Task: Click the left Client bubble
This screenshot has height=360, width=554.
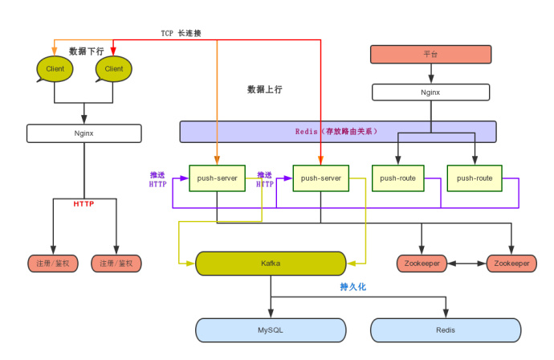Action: click(55, 69)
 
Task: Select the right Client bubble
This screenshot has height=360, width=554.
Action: click(113, 69)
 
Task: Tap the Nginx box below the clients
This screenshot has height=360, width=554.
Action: click(84, 133)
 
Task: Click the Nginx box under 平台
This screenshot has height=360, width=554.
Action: click(430, 92)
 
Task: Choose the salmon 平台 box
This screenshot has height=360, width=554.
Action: click(430, 55)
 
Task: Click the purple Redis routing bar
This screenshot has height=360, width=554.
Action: click(337, 131)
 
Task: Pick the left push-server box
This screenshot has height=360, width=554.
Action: click(217, 178)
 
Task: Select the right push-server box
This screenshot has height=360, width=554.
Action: click(320, 178)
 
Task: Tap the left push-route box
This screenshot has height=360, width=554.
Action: click(398, 178)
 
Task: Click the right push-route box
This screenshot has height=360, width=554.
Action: click(474, 178)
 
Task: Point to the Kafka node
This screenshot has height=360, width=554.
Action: click(271, 263)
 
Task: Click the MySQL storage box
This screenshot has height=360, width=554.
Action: click(271, 329)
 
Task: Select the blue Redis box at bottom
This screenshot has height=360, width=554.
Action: click(445, 329)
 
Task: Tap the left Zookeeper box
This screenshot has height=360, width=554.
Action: click(422, 263)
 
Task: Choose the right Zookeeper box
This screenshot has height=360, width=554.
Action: click(511, 263)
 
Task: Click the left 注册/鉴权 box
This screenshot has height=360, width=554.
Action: click(53, 263)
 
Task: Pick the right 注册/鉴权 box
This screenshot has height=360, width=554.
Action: click(116, 263)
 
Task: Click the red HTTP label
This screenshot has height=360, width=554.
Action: click(84, 203)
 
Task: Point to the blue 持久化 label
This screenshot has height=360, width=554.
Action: click(352, 286)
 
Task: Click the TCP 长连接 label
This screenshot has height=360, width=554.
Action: click(181, 33)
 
